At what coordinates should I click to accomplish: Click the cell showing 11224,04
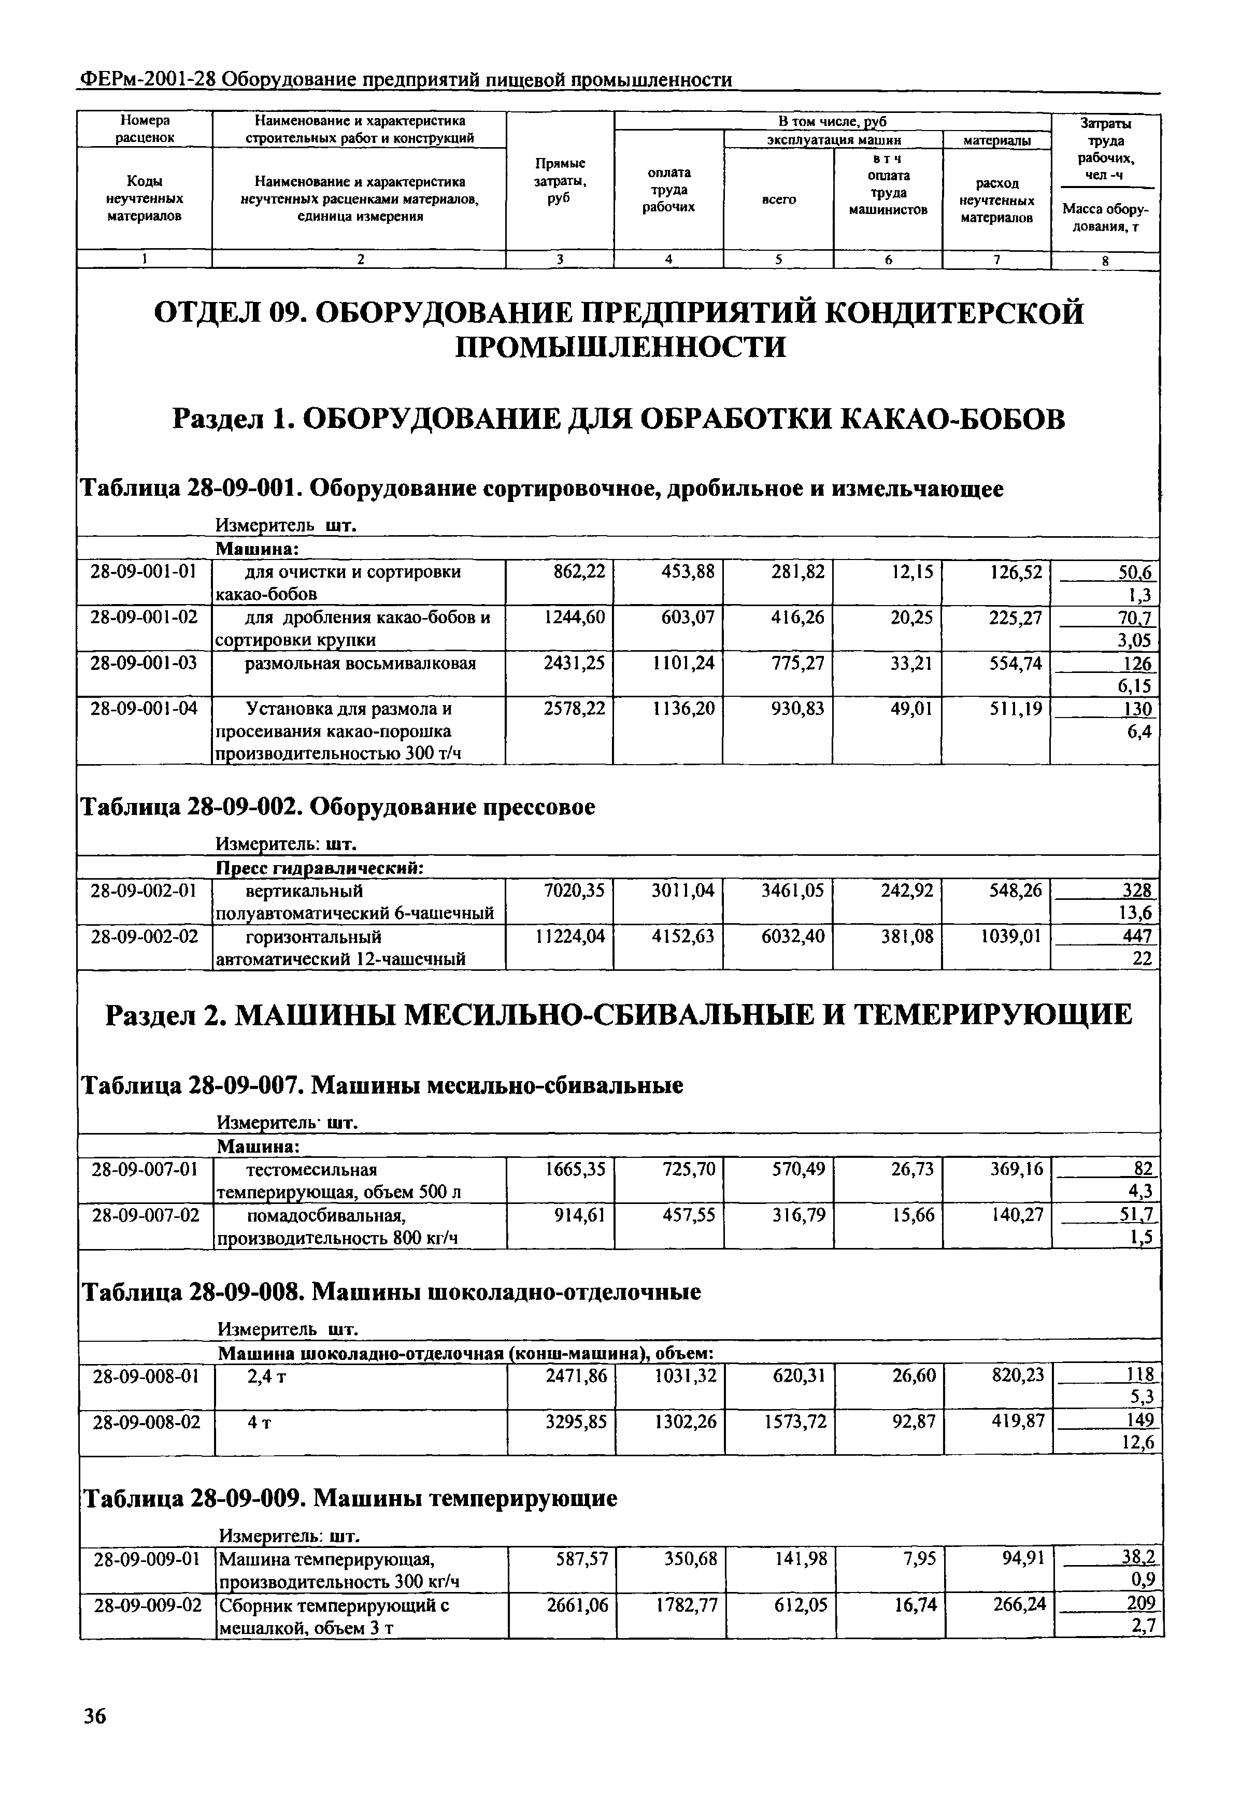click(x=569, y=936)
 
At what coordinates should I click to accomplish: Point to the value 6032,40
click(x=792, y=936)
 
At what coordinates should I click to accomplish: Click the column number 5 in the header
click(x=779, y=260)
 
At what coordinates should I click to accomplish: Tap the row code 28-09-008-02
click(x=146, y=1422)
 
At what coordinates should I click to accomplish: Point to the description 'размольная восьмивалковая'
click(x=360, y=664)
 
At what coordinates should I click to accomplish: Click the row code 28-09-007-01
click(x=145, y=1170)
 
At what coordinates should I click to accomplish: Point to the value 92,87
click(x=913, y=1422)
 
